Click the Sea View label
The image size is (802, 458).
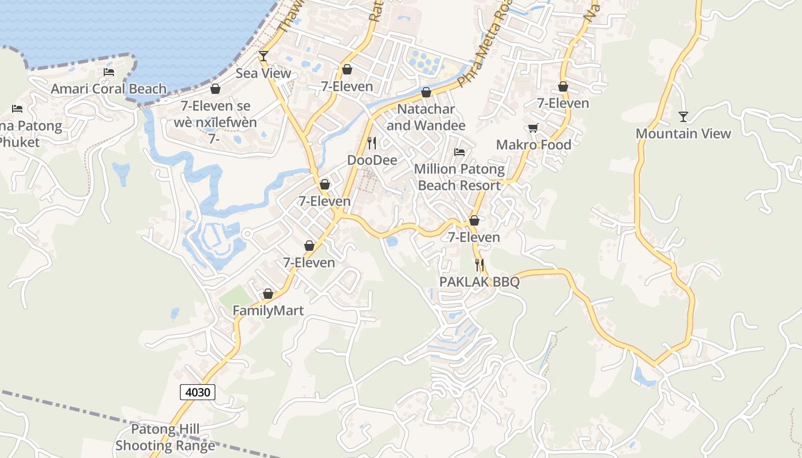pos(264,73)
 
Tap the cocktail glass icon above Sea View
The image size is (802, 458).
pos(263,56)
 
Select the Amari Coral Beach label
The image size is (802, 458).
pos(109,89)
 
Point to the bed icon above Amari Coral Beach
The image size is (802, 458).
pos(109,72)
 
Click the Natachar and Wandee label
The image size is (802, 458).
pos(426,117)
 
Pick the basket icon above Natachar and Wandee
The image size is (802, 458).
pos(426,92)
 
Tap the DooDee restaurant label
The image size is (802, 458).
pos(372,160)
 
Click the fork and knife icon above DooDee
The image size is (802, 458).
pos(372,143)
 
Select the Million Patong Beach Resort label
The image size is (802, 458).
pos(459,177)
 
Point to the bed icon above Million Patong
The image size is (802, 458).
pos(459,152)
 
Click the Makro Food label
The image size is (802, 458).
pos(533,145)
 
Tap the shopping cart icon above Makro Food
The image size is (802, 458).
pos(533,128)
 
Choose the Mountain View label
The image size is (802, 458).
pos(683,134)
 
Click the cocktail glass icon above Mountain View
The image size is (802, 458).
pos(683,117)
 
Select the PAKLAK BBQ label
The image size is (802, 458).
pos(479,282)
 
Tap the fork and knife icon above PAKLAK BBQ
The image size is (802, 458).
pos(479,265)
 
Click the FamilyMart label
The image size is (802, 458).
pos(268,310)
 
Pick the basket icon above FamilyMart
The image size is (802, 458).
pos(268,294)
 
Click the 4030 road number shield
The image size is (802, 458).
pos(198,392)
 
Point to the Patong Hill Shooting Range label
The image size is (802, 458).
pos(166,437)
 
